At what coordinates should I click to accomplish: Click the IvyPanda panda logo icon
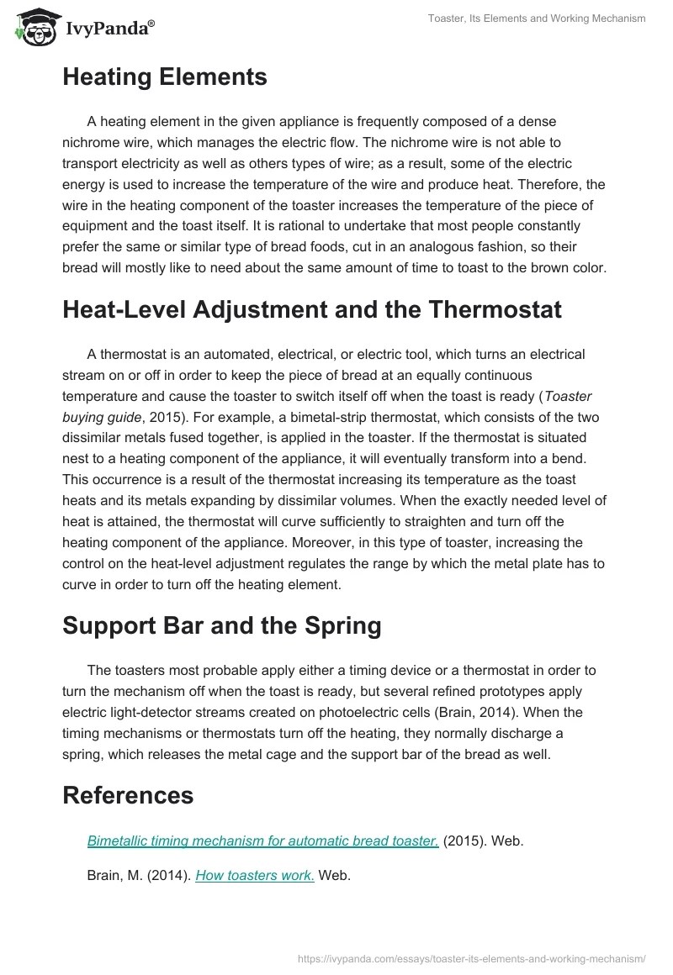click(x=34, y=26)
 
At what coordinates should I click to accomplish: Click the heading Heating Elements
click(x=165, y=77)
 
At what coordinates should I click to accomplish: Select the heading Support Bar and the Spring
click(x=221, y=625)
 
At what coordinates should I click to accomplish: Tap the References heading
click(x=128, y=794)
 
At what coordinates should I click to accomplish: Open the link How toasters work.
click(x=255, y=875)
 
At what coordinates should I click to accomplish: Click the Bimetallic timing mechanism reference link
click(x=262, y=841)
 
